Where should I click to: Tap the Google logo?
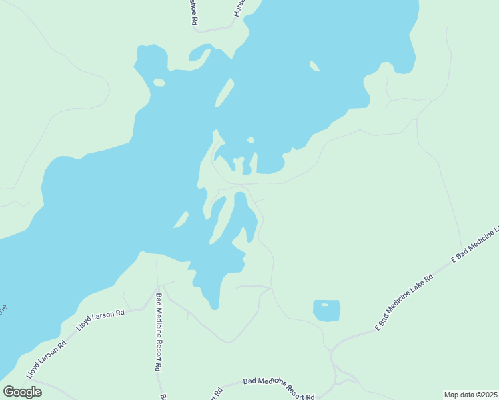coord(22,392)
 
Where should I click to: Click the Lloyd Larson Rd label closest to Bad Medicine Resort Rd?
coord(101,322)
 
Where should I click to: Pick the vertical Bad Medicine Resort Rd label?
coord(159,332)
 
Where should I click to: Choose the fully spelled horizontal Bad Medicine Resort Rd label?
coord(279,387)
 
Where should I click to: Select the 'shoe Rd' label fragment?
coord(193,12)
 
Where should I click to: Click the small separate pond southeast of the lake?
coord(326,311)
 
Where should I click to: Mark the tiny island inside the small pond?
coord(324,305)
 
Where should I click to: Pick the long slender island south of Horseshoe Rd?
coord(225,92)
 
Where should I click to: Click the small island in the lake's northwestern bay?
coord(159,83)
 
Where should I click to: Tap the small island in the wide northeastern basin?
coord(314,66)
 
